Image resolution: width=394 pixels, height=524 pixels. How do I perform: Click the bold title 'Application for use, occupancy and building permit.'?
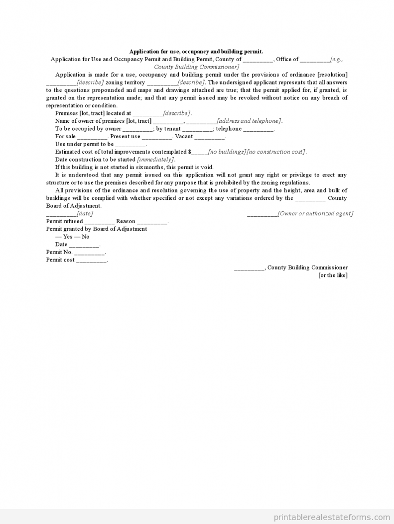tap(196, 51)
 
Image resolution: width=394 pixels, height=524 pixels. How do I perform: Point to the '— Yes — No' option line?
tap(72, 237)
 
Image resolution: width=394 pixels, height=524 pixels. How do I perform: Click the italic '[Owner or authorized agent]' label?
tap(315, 213)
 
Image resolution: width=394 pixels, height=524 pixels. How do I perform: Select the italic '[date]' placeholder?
tap(85, 213)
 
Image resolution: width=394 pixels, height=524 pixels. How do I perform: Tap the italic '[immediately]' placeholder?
tap(155, 160)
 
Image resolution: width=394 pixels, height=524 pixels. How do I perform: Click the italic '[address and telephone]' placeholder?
tap(249, 121)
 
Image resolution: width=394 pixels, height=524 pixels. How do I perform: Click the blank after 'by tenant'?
tap(198, 129)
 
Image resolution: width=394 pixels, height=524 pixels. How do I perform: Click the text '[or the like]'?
tap(333, 275)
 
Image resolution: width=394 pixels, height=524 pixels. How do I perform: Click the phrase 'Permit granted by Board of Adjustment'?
tap(97, 229)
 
